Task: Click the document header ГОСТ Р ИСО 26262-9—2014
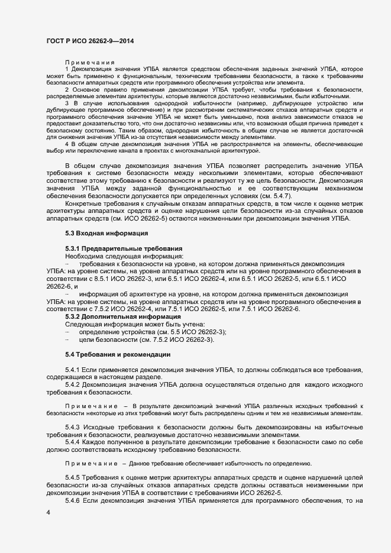[89, 39]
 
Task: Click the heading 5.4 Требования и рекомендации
[118, 354]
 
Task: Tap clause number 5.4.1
[72, 370]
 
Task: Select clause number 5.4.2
[72, 385]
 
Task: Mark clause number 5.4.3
[72, 426]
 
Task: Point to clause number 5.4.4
[72, 442]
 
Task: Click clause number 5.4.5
[72, 477]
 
